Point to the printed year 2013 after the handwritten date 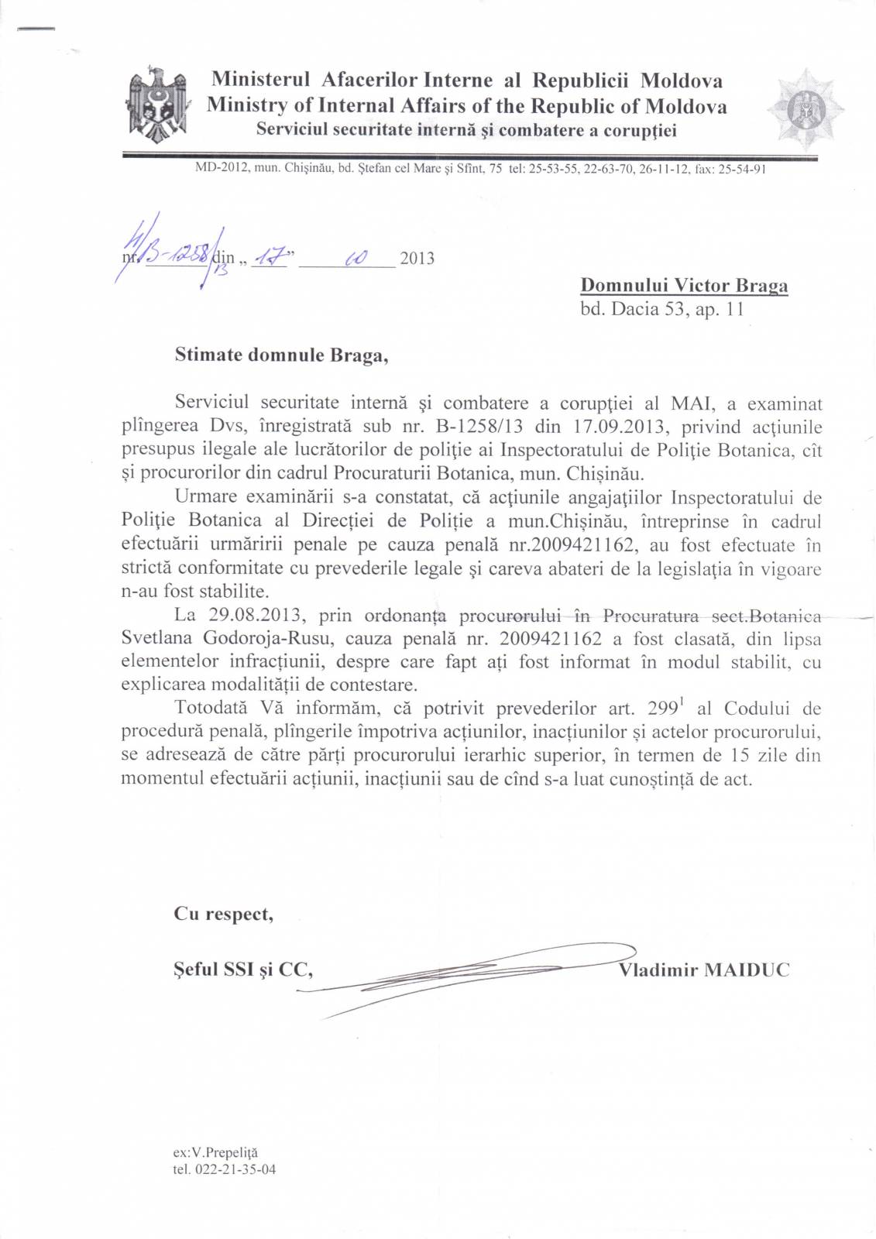coord(417,259)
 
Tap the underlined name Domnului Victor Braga coord(684,286)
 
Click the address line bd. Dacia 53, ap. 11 coord(661,310)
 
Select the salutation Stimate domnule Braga coord(280,355)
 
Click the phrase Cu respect coord(223,915)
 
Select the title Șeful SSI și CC coord(243,970)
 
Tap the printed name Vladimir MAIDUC coord(704,970)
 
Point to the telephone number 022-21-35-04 coord(224,1169)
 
